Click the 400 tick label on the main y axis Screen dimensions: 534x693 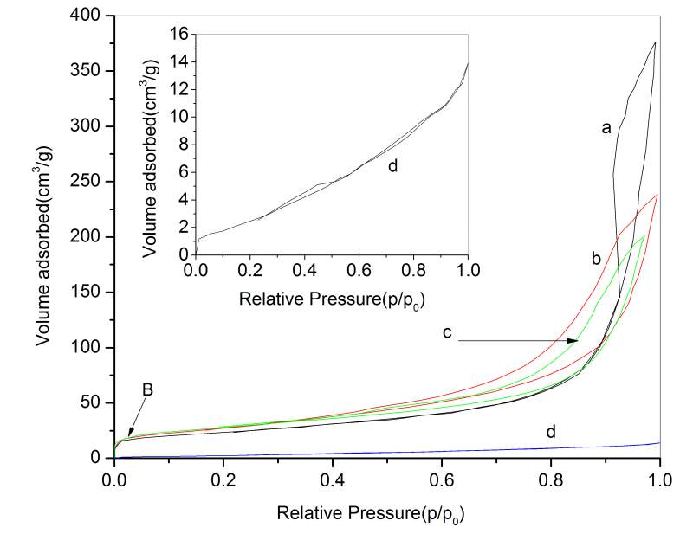click(90, 16)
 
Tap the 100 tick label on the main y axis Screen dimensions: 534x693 click(90, 348)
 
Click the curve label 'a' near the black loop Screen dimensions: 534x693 click(607, 128)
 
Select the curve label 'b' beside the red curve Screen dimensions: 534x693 click(596, 258)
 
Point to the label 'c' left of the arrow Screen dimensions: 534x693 click(445, 332)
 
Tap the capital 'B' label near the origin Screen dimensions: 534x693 click(147, 390)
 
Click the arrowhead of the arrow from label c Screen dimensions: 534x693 click(574, 341)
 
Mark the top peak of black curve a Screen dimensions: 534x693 click(655, 42)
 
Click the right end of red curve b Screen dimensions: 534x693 click(658, 194)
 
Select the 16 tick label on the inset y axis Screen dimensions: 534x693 click(180, 35)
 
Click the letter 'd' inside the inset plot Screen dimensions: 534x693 click(392, 165)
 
